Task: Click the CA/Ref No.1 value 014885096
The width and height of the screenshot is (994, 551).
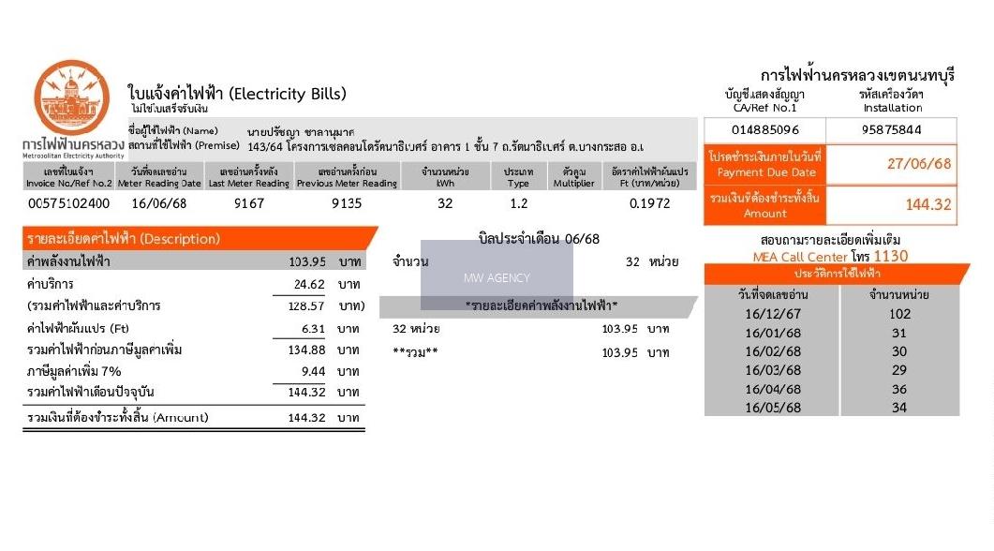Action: coord(764,130)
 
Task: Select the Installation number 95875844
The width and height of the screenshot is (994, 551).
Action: coord(891,130)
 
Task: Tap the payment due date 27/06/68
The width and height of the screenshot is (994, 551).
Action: coord(919,164)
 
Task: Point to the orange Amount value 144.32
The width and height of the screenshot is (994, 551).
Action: coord(927,204)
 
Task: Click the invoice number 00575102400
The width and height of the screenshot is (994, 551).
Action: coord(68,203)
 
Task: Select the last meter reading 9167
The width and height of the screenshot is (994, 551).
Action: coord(248,203)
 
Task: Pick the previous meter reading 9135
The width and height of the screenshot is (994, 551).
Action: coord(346,203)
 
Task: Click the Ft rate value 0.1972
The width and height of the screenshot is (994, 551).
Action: coord(649,203)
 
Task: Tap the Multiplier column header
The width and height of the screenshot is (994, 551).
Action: coord(573,177)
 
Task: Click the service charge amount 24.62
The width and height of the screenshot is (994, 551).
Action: coord(308,284)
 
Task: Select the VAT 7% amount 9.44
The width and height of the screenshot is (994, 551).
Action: coord(312,371)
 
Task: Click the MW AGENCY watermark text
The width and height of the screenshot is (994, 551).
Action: coord(497,277)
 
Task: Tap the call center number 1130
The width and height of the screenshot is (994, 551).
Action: coord(890,255)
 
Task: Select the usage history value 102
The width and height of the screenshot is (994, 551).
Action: coord(899,314)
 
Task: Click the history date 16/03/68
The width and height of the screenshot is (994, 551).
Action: coord(773,370)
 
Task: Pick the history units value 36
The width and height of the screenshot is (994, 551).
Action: coord(899,389)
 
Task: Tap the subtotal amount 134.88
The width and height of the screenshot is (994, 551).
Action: coord(306,350)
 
